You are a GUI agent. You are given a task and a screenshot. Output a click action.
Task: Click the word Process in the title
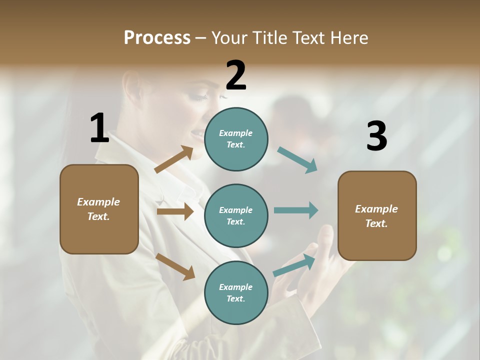(157, 38)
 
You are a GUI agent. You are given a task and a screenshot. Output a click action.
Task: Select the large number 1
(99, 128)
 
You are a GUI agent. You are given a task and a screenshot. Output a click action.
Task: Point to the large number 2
(236, 75)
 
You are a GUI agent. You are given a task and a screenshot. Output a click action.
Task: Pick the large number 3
(376, 136)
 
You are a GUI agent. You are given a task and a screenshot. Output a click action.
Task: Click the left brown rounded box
(99, 209)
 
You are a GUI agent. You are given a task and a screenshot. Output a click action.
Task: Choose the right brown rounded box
(377, 216)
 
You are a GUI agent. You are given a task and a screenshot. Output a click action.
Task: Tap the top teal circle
(236, 139)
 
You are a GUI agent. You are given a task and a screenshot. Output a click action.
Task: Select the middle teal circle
(236, 215)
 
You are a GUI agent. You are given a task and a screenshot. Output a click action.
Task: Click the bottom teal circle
(236, 292)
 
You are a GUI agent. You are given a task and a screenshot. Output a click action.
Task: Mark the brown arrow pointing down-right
(175, 266)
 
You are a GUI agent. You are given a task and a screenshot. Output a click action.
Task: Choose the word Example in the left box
(98, 202)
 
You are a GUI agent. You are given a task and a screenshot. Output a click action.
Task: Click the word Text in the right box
(376, 223)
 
